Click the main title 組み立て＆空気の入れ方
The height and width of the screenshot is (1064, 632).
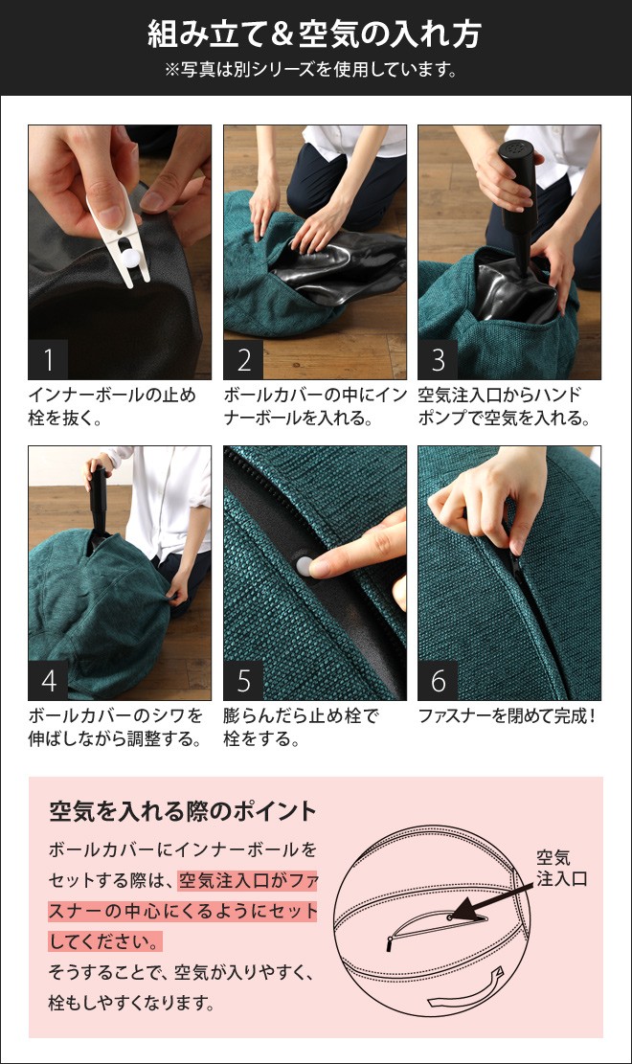coord(314,35)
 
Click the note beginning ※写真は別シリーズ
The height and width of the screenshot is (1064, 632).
coord(314,70)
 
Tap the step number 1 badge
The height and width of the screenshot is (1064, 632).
coord(49,360)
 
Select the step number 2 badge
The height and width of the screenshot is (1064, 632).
coord(243,360)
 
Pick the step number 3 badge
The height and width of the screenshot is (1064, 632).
coord(439,360)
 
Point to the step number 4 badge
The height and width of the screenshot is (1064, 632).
coord(49,681)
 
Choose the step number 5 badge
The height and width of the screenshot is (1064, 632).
coord(243,681)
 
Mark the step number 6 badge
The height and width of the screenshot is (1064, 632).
coord(439,681)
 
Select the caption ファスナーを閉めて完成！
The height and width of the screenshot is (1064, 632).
coord(508,715)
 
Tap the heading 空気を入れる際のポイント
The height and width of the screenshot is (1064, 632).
coord(182,812)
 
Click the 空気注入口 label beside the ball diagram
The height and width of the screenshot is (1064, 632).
coord(560,868)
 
